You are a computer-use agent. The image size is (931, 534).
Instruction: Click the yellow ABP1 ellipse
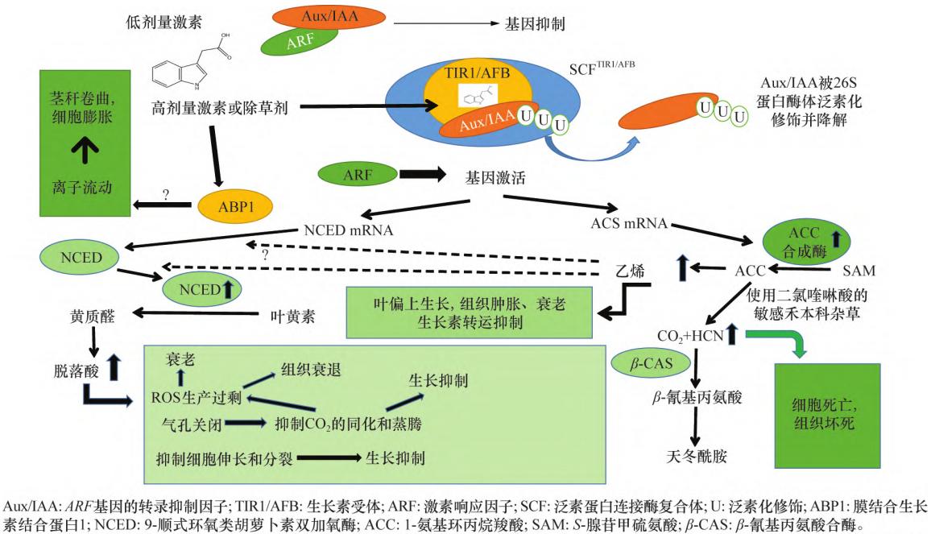pos(235,206)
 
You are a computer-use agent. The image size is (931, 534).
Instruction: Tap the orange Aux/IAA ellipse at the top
pos(329,16)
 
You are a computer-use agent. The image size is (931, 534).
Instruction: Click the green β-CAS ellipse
pos(652,363)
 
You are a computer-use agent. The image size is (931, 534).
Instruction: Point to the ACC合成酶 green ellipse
pos(805,242)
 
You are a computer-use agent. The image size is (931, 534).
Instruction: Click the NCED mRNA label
pos(349,230)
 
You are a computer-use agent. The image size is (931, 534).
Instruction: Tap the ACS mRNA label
pos(629,223)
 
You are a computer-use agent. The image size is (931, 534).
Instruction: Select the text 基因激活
pos(495,178)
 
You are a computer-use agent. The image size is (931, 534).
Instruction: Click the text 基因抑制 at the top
pos(535,24)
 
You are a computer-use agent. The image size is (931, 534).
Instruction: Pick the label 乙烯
pos(630,271)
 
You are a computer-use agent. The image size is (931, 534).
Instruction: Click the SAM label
pos(859,271)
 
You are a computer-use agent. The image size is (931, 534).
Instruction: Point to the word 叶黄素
pos(292,316)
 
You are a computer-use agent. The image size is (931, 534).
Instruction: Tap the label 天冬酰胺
pos(697,456)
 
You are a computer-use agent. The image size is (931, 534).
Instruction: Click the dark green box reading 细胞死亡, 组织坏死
pos(828,416)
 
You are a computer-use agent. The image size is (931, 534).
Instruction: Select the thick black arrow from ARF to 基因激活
pos(422,174)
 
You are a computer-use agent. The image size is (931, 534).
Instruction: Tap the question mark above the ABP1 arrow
pos(166,195)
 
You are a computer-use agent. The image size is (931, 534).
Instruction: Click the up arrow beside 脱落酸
pos(114,367)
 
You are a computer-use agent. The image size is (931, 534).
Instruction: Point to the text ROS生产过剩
pos(197,397)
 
